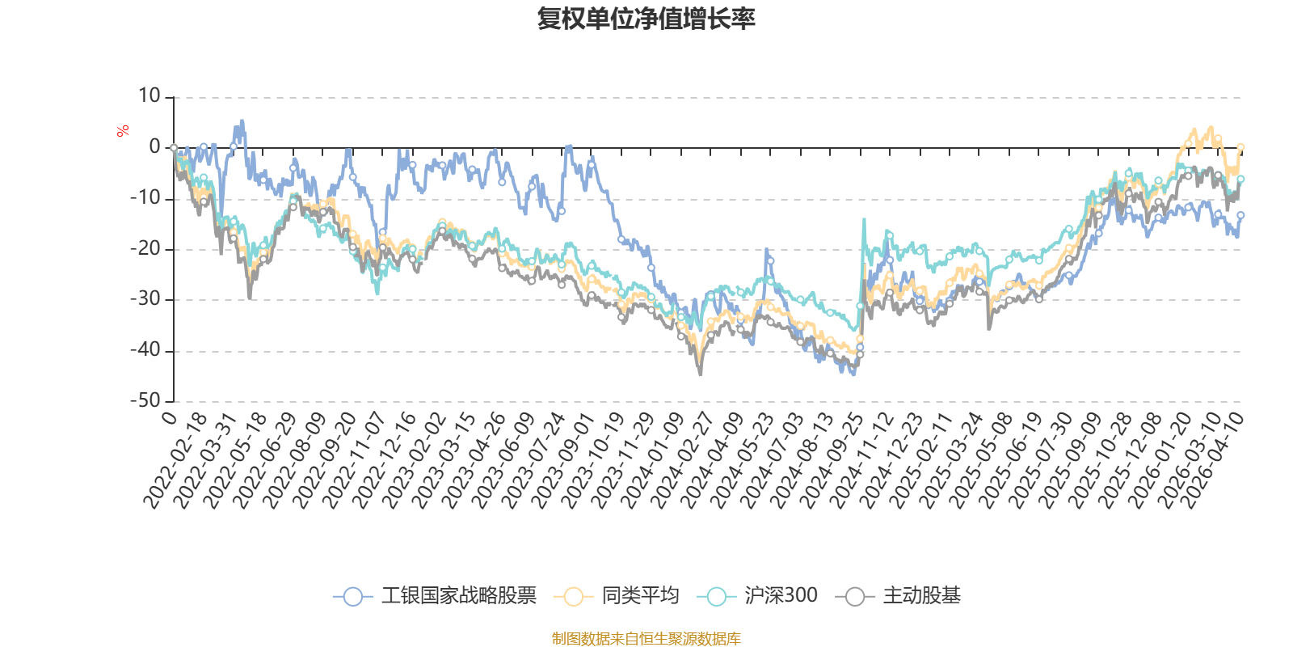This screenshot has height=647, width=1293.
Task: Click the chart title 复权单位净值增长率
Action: pyautogui.click(x=646, y=19)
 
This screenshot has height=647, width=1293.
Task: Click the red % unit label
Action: pyautogui.click(x=123, y=131)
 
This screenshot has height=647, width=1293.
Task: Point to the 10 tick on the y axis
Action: pyautogui.click(x=150, y=96)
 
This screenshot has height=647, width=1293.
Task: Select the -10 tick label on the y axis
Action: pyautogui.click(x=145, y=197)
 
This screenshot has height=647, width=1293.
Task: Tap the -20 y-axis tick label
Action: pyautogui.click(x=145, y=248)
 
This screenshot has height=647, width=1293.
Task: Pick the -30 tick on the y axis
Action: pyautogui.click(x=145, y=299)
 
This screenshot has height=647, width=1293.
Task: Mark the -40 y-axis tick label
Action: pyautogui.click(x=145, y=350)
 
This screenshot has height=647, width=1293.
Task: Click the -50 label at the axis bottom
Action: pyautogui.click(x=145, y=400)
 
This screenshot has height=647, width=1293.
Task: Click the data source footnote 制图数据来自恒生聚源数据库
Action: pyautogui.click(x=646, y=639)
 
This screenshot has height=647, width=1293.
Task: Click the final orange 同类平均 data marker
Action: pyautogui.click(x=1240, y=146)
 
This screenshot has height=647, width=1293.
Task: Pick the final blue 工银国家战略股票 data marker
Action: pyautogui.click(x=1240, y=215)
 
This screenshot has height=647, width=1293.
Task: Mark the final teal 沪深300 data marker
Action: pyautogui.click(x=1240, y=179)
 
